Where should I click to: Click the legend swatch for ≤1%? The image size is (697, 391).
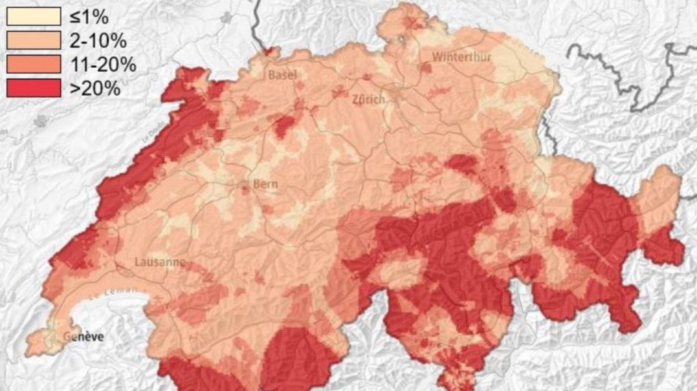tap(34, 16)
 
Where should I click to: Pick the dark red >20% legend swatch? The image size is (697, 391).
tap(34, 87)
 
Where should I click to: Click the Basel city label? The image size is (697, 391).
tap(283, 75)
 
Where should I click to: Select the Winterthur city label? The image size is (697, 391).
tap(462, 57)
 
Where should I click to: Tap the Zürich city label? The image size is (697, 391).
tap(369, 100)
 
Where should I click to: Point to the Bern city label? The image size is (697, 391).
tap(265, 184)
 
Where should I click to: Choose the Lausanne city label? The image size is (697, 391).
tap(160, 262)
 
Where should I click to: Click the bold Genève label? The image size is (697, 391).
tap(83, 336)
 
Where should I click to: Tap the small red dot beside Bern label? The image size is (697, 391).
tap(245, 187)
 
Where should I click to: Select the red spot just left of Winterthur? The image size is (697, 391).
tap(425, 67)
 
